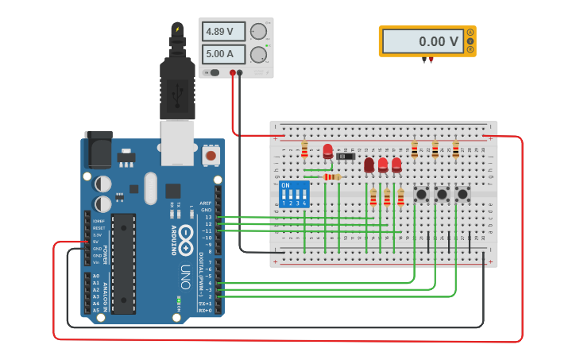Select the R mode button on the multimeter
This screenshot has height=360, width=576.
(x=470, y=49)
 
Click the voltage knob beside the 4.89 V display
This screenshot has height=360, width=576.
(x=258, y=33)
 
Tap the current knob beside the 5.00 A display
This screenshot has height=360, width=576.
(x=258, y=55)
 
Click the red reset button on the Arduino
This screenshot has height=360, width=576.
(x=211, y=156)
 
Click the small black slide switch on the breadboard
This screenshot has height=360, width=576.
(x=346, y=156)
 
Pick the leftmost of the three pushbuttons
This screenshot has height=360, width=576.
(x=421, y=194)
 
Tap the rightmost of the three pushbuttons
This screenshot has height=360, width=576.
(x=462, y=194)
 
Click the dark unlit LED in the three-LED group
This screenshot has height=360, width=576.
(x=369, y=165)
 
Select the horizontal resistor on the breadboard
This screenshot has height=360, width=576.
(x=332, y=176)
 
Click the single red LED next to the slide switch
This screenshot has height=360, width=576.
(x=327, y=151)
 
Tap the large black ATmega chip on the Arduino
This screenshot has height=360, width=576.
(x=123, y=262)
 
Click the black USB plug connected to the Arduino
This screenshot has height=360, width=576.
(x=177, y=87)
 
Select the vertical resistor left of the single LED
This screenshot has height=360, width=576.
(x=304, y=149)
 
